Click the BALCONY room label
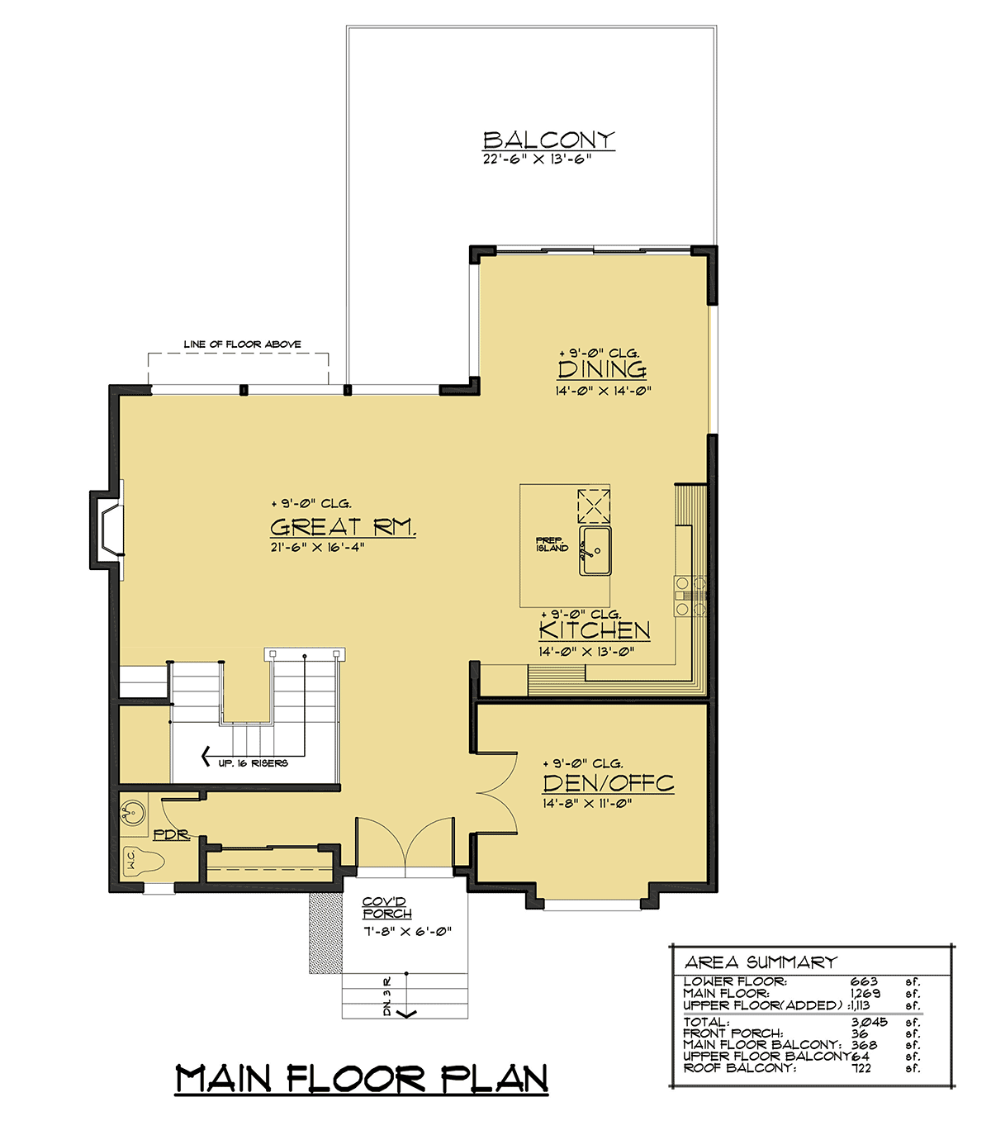pos(548,140)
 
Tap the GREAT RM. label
pos(343,527)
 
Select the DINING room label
pos(602,369)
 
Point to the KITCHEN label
pos(595,630)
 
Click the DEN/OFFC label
pos(609,783)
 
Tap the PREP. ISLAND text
pos(552,544)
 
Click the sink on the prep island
pos(595,550)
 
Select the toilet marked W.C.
pos(144,862)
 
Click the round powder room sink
pos(133,813)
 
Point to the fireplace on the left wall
pos(107,530)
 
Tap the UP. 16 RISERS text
pos(253,763)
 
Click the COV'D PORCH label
pos(386,907)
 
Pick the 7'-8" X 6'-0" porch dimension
pos(407,931)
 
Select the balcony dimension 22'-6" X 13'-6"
pos(538,159)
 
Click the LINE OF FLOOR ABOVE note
pos(242,344)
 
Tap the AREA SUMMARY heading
pos(761,962)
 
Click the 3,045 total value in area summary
pos(870,1022)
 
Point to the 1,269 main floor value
pos(865,994)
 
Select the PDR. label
pos(171,834)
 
